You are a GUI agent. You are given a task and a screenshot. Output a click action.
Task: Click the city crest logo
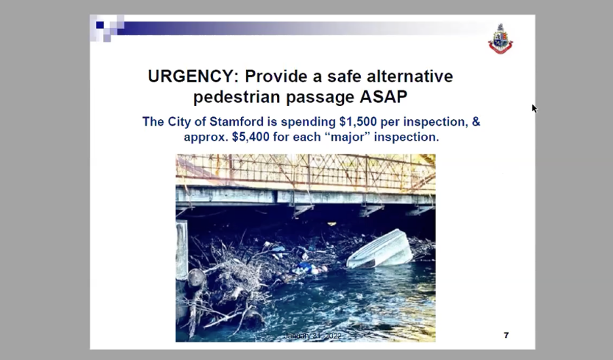pos(500,39)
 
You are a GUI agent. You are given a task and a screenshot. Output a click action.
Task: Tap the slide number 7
pos(506,335)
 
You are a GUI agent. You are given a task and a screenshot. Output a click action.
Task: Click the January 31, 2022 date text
pos(312,336)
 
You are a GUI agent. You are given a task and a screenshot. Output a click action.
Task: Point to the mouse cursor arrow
pos(534,108)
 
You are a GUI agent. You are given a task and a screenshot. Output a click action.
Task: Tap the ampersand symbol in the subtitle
pos(475,122)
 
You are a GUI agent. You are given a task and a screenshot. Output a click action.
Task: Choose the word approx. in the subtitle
pos(206,138)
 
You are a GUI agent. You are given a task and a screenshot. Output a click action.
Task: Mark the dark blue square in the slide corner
pos(100,26)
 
